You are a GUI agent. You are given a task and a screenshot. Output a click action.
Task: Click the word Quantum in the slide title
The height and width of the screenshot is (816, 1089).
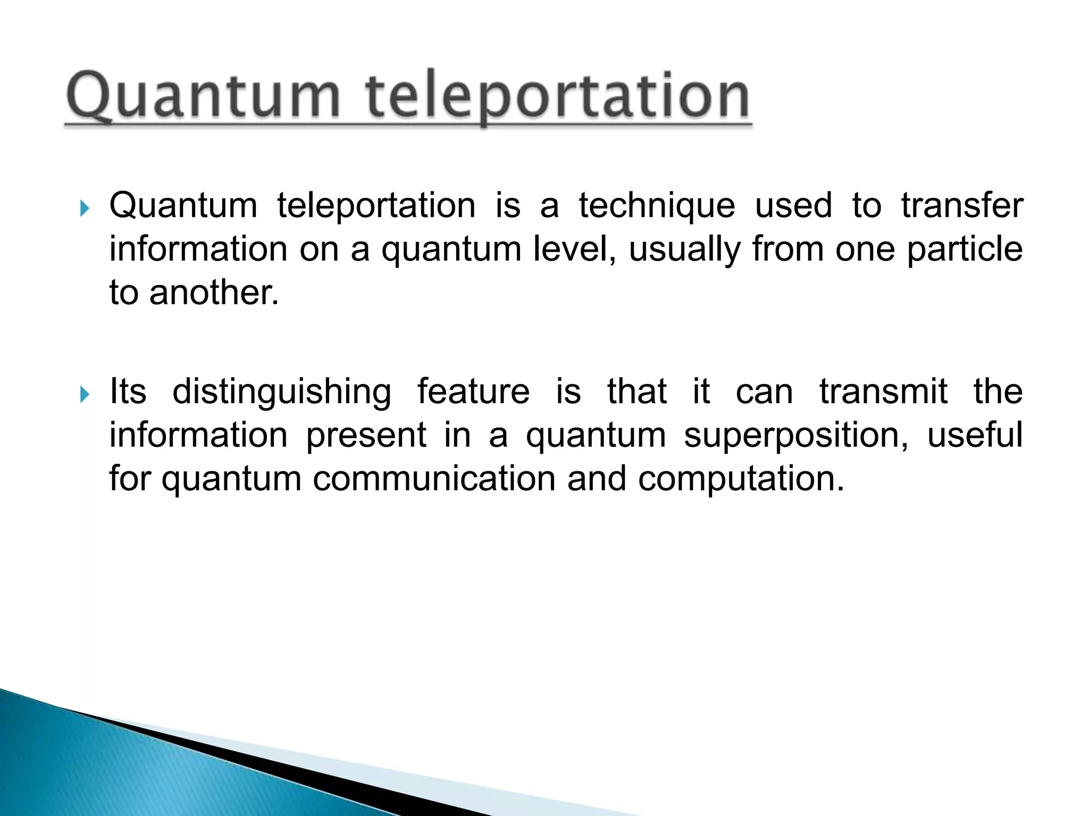[202, 97]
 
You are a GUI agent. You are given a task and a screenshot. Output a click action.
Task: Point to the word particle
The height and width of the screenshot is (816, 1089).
[964, 249]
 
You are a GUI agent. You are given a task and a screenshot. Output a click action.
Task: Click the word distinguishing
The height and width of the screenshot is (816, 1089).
[282, 393]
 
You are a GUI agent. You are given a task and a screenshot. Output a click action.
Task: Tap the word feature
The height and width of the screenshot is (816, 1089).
[473, 392]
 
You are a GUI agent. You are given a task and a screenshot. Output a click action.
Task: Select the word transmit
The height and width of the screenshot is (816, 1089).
[883, 392]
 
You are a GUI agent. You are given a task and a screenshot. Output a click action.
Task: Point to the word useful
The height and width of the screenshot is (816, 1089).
[975, 435]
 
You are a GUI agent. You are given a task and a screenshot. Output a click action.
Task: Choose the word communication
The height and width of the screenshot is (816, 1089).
[434, 479]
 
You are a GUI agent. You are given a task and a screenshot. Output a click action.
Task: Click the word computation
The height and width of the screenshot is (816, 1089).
[741, 480]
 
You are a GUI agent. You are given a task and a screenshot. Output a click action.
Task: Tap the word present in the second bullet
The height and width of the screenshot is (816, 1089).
[366, 436]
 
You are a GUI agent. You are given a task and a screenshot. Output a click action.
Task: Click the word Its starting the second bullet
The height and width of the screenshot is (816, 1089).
[128, 392]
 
